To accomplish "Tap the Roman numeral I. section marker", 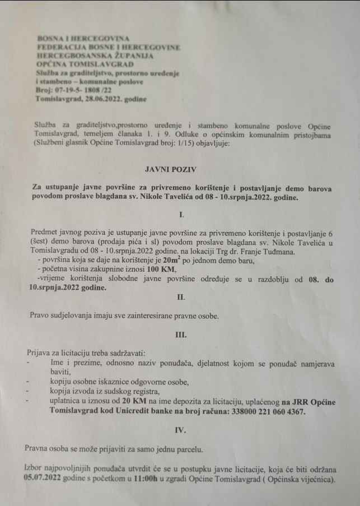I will coord(180,214).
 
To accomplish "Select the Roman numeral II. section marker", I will coord(181,297).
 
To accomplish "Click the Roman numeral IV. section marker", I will coord(181,431).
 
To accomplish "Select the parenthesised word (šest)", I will coord(40,242).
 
